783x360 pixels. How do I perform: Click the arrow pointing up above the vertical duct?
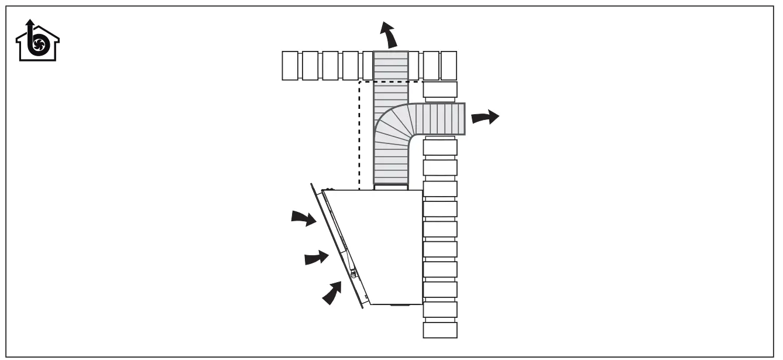point(388,33)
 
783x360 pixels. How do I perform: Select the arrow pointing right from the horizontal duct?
point(485,117)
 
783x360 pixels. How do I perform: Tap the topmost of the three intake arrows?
point(304,219)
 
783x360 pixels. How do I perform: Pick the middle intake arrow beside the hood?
point(317,257)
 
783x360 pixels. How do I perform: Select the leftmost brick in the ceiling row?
point(291,66)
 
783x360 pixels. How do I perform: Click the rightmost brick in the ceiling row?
point(448,66)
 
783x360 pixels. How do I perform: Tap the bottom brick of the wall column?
point(439,330)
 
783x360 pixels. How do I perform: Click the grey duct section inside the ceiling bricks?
point(390,66)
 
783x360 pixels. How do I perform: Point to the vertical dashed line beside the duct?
point(359,135)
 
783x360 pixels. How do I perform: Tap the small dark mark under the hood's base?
point(401,306)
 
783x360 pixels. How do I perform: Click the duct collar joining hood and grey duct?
point(390,187)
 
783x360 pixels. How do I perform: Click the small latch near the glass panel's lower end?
point(353,272)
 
